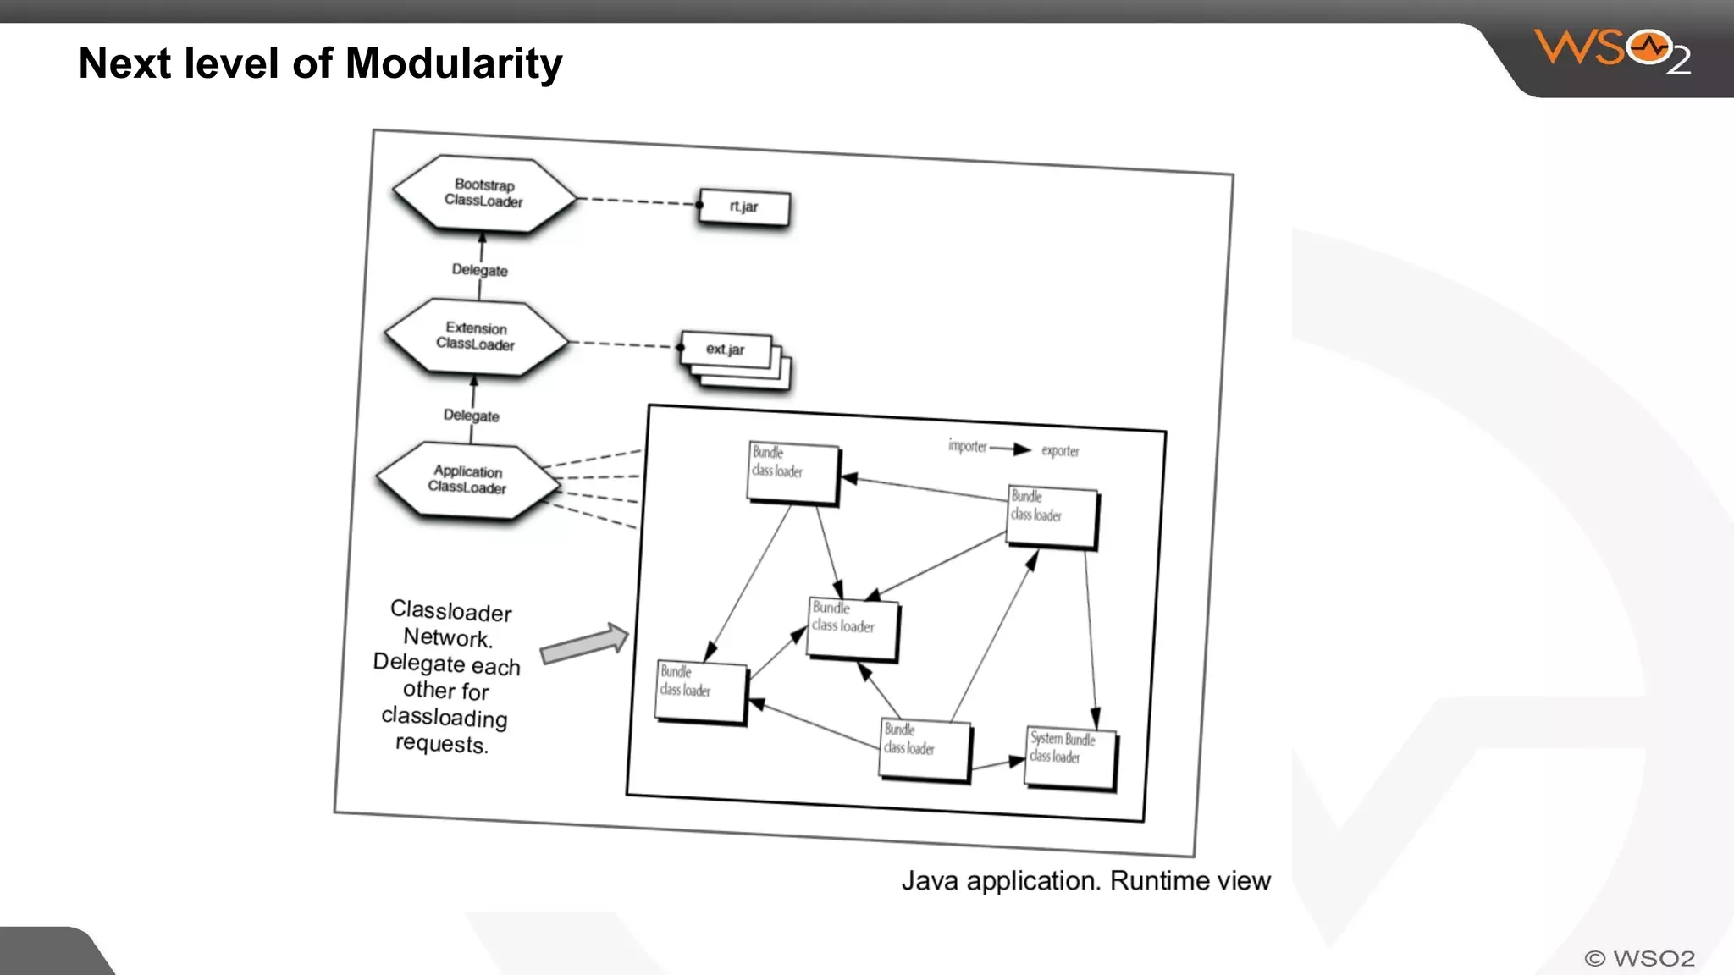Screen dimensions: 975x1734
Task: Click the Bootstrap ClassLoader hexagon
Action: coord(483,193)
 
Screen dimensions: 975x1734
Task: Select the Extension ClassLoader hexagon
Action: coord(476,336)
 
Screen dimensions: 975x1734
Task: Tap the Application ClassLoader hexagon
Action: coord(467,479)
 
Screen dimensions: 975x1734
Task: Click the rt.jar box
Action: coord(743,207)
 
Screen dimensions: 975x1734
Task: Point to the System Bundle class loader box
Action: coord(1069,757)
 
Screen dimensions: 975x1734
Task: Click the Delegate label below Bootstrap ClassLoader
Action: coord(479,270)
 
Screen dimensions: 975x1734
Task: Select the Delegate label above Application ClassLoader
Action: coord(471,416)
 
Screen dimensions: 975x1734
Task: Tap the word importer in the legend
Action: coord(967,446)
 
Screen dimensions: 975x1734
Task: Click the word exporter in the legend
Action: coord(1060,451)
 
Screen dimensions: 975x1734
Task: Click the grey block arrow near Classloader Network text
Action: coord(585,644)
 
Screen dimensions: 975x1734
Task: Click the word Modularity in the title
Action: coord(454,63)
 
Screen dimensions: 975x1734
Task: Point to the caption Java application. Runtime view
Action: coord(1085,881)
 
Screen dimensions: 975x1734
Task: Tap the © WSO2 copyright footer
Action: coord(1639,958)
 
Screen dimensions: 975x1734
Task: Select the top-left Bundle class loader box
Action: coord(792,471)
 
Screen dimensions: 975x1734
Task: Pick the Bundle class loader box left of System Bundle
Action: coord(924,748)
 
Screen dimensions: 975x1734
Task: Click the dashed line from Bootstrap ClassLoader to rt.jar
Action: coord(639,201)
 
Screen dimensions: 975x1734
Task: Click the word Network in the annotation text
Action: coord(447,637)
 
